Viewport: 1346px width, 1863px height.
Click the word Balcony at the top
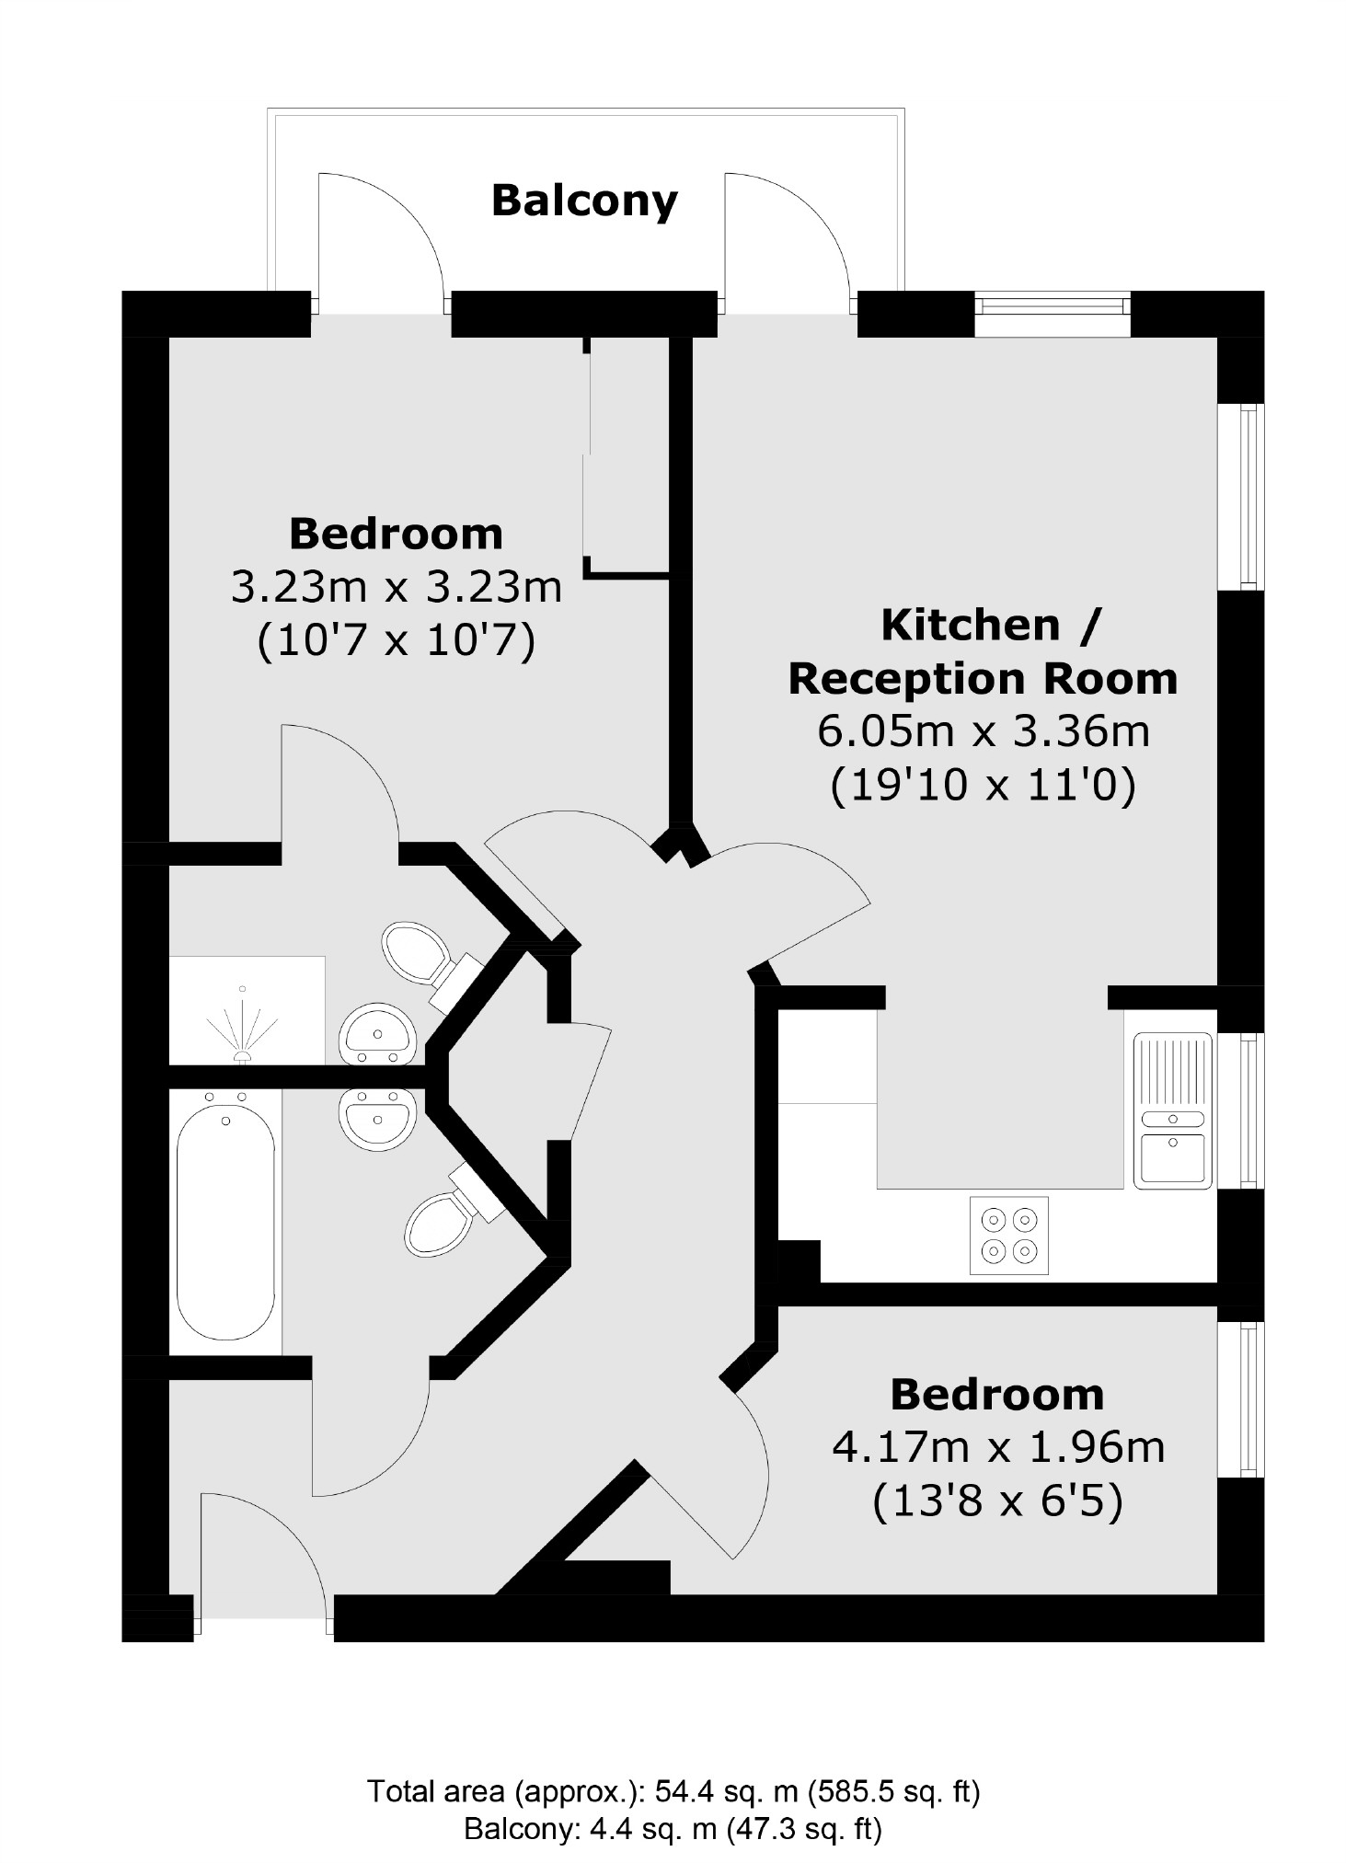pos(584,201)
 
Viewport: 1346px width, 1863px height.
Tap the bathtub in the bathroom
pos(225,1215)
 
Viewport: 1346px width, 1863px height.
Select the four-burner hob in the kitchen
pos(1008,1236)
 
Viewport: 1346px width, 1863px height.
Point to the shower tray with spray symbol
pos(246,1011)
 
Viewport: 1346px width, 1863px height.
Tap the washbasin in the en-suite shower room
pos(378,1035)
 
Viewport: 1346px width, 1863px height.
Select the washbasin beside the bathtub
pos(377,1117)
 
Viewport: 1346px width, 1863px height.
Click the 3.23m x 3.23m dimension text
pos(396,587)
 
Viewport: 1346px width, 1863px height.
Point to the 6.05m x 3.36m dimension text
pos(983,732)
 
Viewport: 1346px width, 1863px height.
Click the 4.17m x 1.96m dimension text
pos(998,1448)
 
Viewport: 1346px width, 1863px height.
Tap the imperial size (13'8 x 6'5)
pos(997,1501)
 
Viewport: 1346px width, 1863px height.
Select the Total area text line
pos(673,1790)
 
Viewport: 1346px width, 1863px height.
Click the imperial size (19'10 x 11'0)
pos(983,785)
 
